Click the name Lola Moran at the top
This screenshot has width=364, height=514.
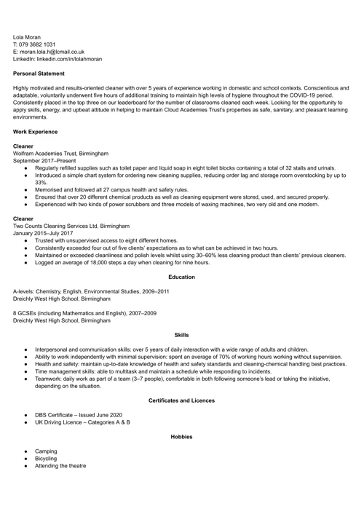(x=27, y=36)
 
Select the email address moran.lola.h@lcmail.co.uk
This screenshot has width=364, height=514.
(x=52, y=52)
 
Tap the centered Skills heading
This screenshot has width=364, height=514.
(x=181, y=335)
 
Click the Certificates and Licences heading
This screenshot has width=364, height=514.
(x=181, y=400)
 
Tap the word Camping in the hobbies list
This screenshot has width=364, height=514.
(x=47, y=451)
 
